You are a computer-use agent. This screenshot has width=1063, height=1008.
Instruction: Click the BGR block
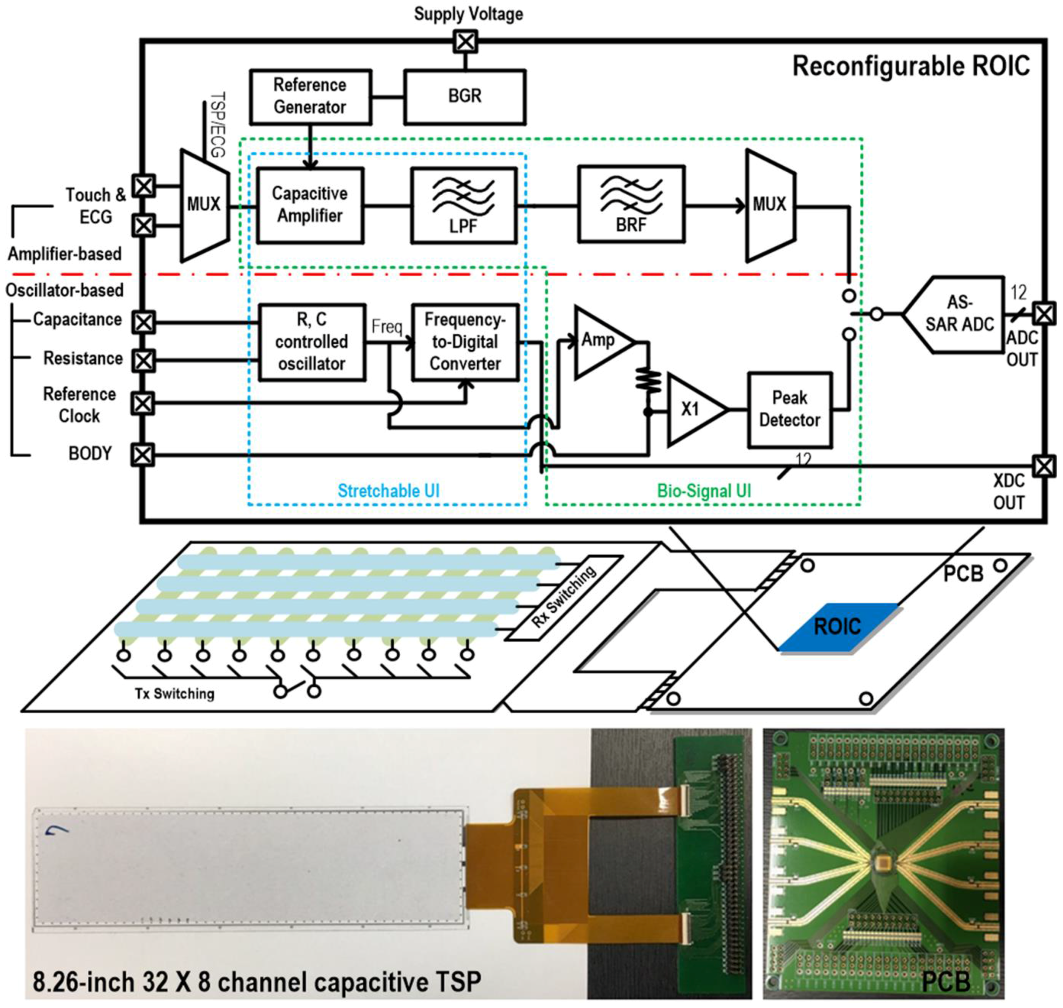464,97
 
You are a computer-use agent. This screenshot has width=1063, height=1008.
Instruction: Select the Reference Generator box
310,97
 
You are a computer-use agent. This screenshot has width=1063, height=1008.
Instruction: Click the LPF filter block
464,205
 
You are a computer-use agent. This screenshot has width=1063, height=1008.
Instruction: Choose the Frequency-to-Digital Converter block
465,342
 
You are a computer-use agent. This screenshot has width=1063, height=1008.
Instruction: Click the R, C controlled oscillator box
312,342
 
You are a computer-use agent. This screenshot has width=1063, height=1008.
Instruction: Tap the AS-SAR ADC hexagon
957,314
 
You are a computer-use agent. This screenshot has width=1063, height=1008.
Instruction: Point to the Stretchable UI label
388,491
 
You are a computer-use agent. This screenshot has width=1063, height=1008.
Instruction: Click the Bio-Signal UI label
704,491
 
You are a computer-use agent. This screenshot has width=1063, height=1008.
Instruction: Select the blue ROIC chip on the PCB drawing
837,627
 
